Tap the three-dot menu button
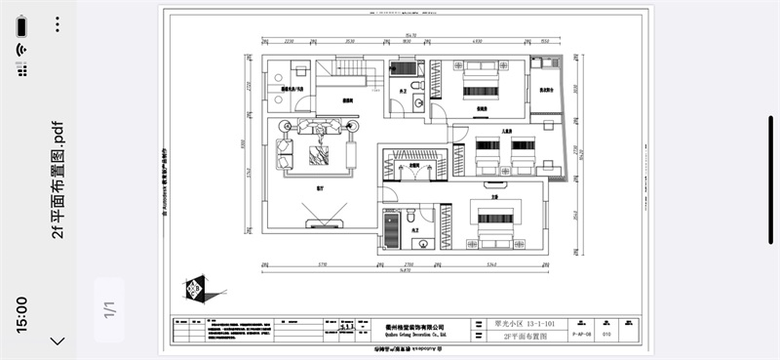pos(58,21)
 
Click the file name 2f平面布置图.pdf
pos(58,180)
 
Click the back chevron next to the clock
pos(58,340)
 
